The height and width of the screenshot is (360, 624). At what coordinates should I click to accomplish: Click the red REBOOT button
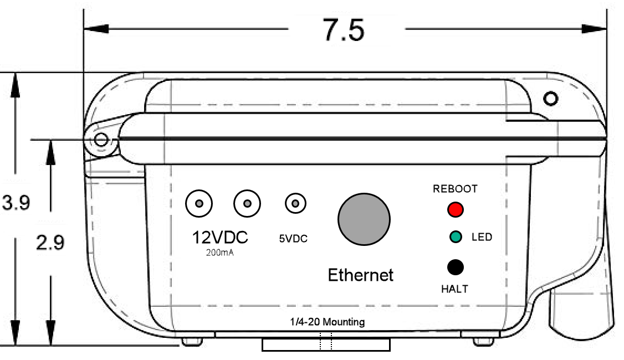click(x=456, y=210)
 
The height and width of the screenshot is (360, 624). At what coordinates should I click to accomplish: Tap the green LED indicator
click(x=456, y=238)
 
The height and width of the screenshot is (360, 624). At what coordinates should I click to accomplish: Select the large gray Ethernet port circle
click(x=364, y=219)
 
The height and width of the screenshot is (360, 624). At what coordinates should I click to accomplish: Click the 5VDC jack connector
click(x=295, y=204)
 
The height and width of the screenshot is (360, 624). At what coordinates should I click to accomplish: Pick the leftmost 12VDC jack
click(x=199, y=204)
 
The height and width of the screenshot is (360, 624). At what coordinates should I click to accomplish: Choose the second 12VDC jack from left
click(x=247, y=204)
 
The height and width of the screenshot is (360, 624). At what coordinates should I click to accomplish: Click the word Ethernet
click(x=361, y=275)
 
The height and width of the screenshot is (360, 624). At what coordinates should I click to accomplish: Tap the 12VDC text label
click(x=220, y=238)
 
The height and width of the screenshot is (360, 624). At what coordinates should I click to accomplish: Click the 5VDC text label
click(x=293, y=240)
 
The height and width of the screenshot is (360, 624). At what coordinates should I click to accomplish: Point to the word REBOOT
click(x=455, y=189)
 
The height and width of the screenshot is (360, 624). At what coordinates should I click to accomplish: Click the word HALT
click(x=454, y=289)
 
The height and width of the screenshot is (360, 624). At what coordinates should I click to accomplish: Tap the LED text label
click(x=482, y=238)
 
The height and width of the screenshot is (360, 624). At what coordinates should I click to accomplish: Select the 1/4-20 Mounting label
click(x=328, y=322)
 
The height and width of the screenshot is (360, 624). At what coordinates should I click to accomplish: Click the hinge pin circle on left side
click(x=100, y=140)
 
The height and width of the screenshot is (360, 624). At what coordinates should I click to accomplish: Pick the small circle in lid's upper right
click(x=550, y=99)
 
